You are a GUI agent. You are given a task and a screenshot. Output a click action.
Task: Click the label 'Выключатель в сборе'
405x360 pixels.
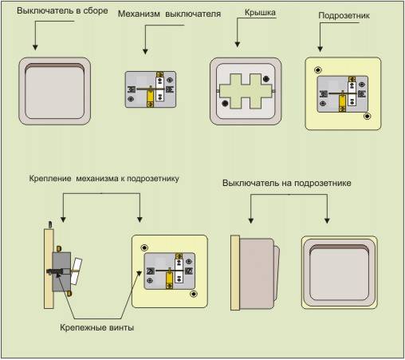(62, 11)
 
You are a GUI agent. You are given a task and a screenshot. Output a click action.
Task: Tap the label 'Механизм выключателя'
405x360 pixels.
(169, 14)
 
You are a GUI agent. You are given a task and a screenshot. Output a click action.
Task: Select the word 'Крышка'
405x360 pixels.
(260, 13)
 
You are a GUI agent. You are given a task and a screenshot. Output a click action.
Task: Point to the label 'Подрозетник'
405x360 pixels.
(344, 16)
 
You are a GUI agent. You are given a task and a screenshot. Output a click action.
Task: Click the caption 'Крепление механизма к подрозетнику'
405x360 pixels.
(104, 179)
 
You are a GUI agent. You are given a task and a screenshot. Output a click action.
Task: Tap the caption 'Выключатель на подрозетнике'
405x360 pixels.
(287, 183)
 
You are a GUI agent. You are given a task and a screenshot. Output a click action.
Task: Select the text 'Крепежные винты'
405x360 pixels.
(96, 327)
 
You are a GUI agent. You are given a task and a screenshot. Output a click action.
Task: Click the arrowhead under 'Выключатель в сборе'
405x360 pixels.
(35, 47)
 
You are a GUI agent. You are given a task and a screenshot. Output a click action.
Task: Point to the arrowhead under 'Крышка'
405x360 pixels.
(238, 45)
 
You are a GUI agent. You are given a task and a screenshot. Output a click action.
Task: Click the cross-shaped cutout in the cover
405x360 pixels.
(246, 91)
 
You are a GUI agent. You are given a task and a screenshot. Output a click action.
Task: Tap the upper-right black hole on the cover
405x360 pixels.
(266, 79)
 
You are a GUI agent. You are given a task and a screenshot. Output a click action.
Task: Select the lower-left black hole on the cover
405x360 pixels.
(225, 103)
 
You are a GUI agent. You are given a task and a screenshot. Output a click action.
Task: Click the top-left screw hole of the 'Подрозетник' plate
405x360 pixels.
(318, 70)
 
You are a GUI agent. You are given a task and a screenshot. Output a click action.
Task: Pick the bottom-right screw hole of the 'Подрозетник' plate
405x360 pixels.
(368, 117)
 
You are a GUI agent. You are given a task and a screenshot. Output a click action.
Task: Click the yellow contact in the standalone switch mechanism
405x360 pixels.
(150, 97)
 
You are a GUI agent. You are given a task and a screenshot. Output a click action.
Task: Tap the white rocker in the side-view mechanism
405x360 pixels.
(77, 271)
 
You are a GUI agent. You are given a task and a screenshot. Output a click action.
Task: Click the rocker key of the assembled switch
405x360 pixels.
(55, 91)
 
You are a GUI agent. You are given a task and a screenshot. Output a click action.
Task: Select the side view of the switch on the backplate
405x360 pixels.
(255, 272)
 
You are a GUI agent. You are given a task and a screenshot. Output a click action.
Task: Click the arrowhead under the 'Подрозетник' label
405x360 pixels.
(320, 49)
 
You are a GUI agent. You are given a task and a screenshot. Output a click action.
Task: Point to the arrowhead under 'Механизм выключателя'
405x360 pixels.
(145, 51)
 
